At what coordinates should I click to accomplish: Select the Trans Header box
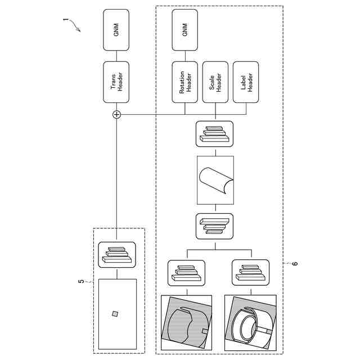(116, 82)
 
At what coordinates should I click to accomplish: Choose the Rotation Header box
(185, 82)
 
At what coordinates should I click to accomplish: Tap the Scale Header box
(216, 82)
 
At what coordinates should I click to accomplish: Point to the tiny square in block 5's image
(115, 314)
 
